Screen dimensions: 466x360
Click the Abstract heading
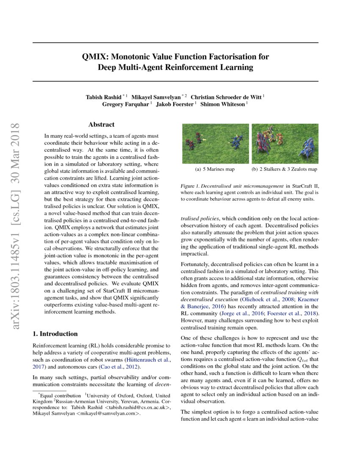click(x=101, y=125)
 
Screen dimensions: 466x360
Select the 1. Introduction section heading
click(x=55, y=334)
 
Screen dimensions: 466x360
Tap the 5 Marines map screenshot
click(x=215, y=144)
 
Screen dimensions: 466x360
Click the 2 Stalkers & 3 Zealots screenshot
click(x=285, y=144)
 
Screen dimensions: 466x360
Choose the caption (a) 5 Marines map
click(x=215, y=169)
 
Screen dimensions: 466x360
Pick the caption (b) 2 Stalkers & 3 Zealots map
click(x=284, y=169)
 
